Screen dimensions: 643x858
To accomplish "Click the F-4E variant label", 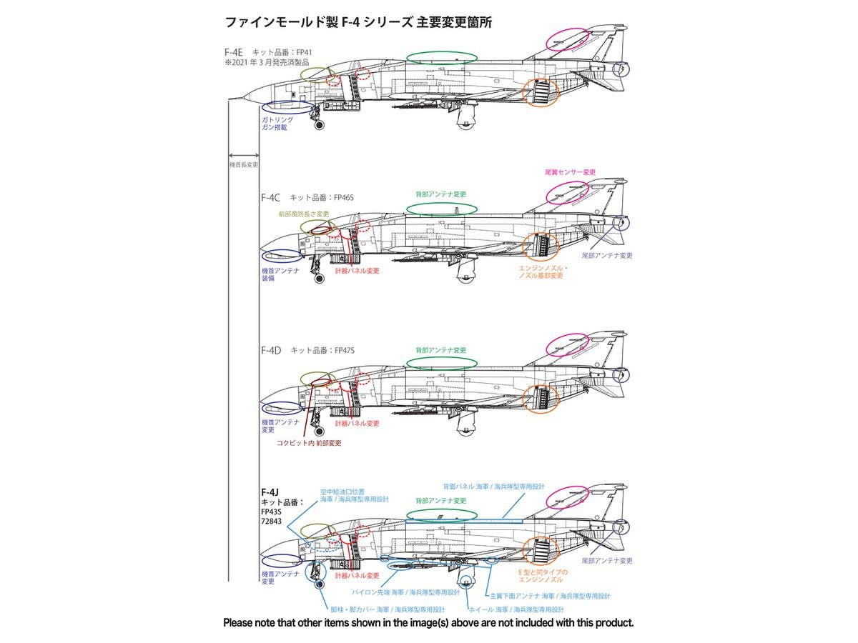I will point(234,52).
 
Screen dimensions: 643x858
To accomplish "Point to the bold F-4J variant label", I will point(270,492).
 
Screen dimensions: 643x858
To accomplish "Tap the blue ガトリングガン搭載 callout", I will point(277,124).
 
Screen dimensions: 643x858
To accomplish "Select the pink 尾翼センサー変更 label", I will point(570,172).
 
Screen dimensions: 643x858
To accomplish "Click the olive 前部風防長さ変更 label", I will point(304,214).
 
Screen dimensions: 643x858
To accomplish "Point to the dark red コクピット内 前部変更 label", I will point(309,443).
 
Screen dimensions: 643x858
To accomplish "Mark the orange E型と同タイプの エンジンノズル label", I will point(544,576).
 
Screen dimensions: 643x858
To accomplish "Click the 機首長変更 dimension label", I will point(243,164).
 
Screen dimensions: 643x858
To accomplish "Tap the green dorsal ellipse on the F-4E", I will point(441,57).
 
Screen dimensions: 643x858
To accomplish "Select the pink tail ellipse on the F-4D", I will point(566,345).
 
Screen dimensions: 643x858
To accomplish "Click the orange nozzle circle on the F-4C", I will point(541,246).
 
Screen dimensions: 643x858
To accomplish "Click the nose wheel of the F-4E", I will point(319,125).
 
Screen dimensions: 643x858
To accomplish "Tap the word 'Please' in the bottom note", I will point(240,623).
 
